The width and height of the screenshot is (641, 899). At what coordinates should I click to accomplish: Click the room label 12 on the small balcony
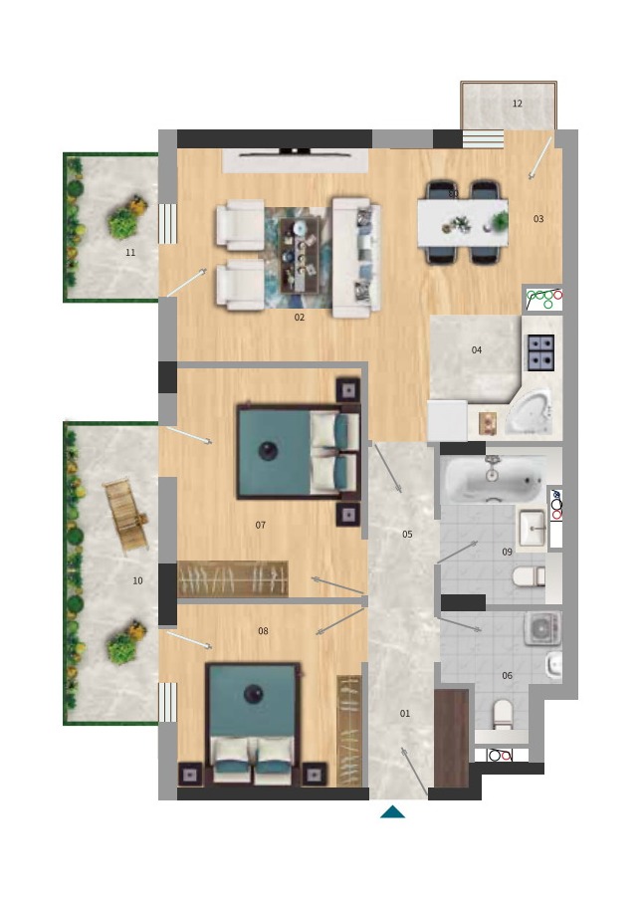518,104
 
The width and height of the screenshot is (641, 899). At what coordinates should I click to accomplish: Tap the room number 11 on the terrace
130,252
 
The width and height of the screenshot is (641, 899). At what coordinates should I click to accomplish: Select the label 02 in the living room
300,317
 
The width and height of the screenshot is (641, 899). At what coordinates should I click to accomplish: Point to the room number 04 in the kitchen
477,349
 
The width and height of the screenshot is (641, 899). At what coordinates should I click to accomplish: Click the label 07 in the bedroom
261,525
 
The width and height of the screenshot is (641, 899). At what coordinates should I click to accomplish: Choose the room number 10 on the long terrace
137,580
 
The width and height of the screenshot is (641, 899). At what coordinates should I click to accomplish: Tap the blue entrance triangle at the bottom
393,811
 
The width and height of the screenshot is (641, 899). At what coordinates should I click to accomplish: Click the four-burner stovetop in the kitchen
540,351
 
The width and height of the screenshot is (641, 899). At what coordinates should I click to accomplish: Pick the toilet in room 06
503,715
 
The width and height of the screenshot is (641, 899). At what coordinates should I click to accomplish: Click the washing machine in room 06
541,628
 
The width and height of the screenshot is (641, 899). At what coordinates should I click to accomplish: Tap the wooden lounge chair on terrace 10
125,515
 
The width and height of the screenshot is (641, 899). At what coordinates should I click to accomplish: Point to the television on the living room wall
295,152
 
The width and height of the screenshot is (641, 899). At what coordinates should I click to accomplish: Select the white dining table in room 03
463,222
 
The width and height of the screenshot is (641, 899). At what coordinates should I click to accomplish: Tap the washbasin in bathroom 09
532,528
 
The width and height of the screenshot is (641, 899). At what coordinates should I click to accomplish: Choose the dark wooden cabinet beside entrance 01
451,738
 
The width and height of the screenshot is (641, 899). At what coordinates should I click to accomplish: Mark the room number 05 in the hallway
407,535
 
